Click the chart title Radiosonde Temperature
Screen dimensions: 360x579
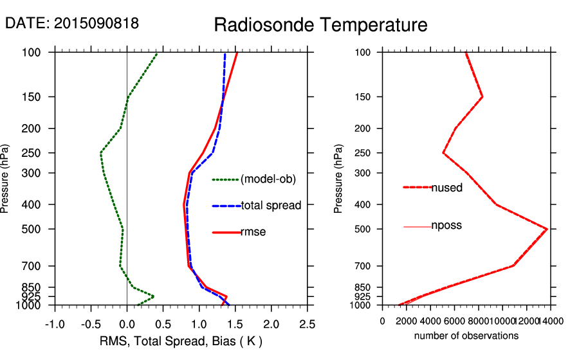pyautogui.click(x=320, y=25)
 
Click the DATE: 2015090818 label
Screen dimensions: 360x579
pyautogui.click(x=72, y=23)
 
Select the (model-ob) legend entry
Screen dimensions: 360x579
pyautogui.click(x=268, y=180)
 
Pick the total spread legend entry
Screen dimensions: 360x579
pyautogui.click(x=271, y=206)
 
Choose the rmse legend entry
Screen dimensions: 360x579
pyautogui.click(x=253, y=232)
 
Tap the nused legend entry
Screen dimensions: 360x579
pyautogui.click(x=446, y=188)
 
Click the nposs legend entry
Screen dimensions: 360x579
pyautogui.click(x=446, y=226)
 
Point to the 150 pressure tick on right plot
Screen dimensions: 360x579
pyautogui.click(x=364, y=97)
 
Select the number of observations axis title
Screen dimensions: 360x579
pyautogui.click(x=466, y=336)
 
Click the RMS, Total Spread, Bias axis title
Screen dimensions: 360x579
pyautogui.click(x=181, y=341)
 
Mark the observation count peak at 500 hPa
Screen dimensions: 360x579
pyautogui.click(x=547, y=229)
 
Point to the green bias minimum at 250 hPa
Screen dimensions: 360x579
pyautogui.click(x=101, y=153)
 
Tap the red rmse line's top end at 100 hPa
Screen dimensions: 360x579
pyautogui.click(x=237, y=53)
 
